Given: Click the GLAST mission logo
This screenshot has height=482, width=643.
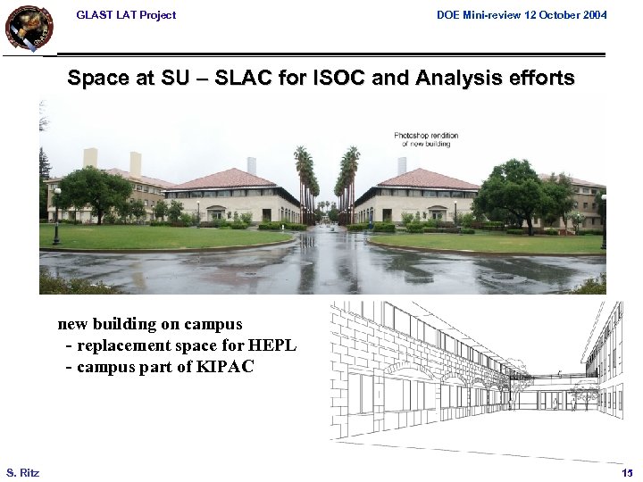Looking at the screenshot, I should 29,27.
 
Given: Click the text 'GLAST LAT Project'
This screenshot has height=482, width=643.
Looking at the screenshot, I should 126,15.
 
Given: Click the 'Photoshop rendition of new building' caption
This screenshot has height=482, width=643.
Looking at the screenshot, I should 426,139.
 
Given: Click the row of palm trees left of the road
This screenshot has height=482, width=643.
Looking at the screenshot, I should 305,183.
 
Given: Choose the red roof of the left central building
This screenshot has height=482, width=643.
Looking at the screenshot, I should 223,179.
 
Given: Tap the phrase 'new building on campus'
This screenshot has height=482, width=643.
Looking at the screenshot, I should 150,324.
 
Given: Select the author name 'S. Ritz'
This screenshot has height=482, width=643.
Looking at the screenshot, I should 22,471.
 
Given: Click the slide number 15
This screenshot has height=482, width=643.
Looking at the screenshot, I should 627,471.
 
